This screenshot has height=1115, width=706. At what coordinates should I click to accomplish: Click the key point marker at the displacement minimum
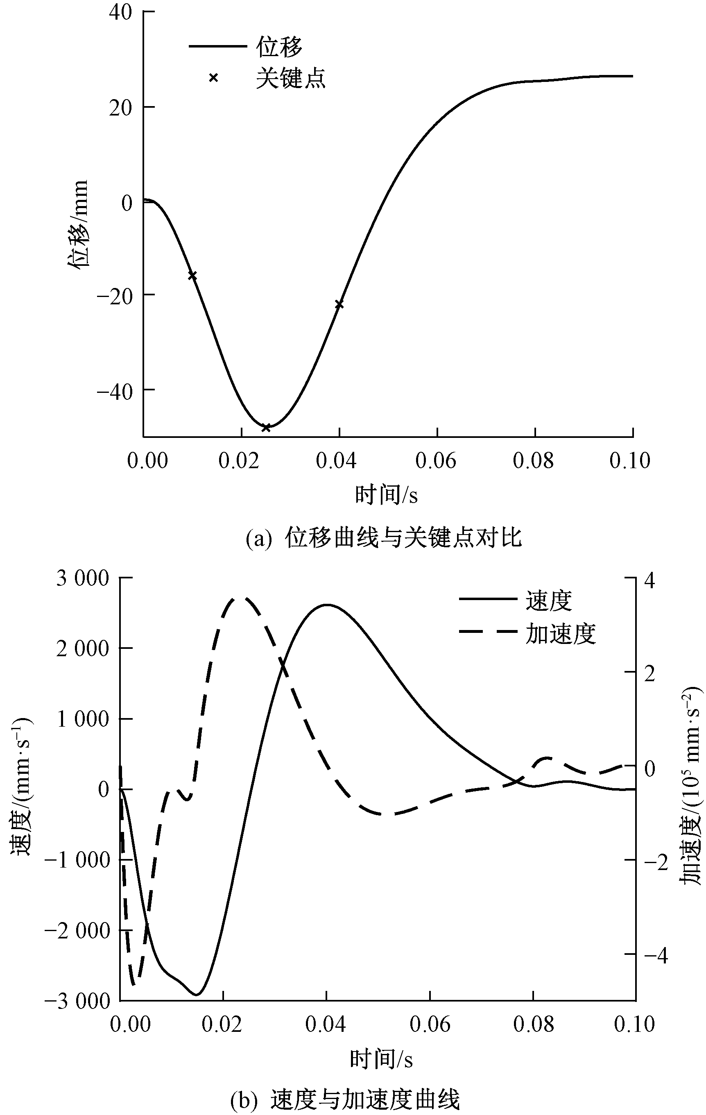266,427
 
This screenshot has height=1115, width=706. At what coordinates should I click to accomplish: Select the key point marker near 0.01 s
192,276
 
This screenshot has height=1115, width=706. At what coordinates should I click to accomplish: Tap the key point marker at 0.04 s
339,304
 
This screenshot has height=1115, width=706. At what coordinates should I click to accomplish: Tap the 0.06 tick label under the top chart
436,461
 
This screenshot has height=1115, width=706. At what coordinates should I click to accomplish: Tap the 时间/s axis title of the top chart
386,495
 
